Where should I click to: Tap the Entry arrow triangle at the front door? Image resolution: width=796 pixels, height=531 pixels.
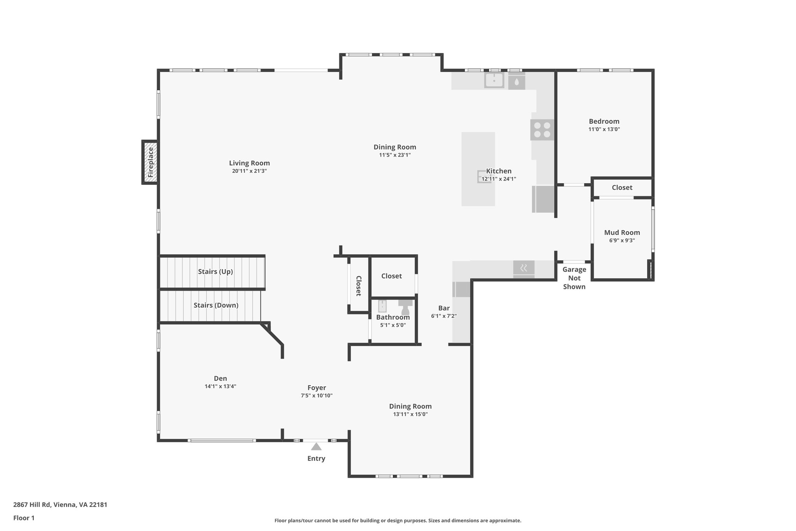(316, 447)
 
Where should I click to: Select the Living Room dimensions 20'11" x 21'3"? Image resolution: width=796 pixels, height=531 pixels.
(249, 171)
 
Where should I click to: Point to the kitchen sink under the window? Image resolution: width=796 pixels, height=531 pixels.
(494, 81)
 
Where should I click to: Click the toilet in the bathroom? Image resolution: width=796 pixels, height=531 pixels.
(405, 307)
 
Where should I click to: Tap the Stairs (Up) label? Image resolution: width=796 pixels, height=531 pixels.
(215, 272)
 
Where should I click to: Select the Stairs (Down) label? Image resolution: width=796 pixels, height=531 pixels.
(216, 305)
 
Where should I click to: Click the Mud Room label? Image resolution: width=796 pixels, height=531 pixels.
(622, 233)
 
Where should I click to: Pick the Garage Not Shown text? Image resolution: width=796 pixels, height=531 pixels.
(574, 278)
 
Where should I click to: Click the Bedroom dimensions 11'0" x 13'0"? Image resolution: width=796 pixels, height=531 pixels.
(604, 130)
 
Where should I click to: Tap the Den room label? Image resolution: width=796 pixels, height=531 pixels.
(220, 379)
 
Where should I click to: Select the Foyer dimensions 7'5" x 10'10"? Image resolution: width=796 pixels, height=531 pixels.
(316, 396)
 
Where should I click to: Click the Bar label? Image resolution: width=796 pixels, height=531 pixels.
(444, 308)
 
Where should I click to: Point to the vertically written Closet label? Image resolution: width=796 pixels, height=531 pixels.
(358, 286)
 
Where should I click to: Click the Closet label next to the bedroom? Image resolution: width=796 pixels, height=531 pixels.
(622, 188)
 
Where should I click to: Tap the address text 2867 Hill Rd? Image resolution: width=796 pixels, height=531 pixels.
(60, 505)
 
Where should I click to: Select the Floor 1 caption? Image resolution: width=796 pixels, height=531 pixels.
(24, 518)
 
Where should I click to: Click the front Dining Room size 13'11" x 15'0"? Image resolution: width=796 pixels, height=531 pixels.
(410, 414)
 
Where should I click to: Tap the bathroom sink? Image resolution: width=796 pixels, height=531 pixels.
(382, 306)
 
